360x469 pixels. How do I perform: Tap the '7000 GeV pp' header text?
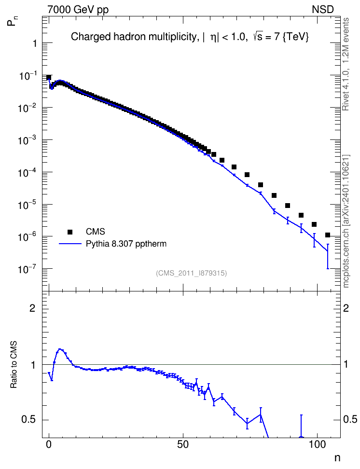78,10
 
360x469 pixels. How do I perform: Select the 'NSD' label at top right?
322,10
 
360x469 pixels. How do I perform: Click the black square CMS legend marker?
70,232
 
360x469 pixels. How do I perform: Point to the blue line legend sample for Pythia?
70,244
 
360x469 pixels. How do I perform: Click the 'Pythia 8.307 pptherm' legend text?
126,244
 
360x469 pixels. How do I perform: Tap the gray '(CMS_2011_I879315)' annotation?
191,273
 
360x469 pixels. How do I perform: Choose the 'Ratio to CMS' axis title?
14,364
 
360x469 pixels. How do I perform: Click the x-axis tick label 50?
183,444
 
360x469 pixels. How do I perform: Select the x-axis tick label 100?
317,444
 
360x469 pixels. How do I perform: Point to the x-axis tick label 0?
49,444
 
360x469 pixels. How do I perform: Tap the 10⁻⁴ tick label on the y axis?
28,173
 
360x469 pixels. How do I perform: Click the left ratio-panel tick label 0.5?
29,420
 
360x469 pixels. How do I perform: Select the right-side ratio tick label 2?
346,308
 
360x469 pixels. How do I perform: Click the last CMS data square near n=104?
328,235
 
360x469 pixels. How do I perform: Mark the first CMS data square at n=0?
49,77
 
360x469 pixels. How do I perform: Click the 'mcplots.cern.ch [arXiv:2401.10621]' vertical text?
346,221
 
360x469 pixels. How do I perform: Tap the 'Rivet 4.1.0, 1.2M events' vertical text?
346,64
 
